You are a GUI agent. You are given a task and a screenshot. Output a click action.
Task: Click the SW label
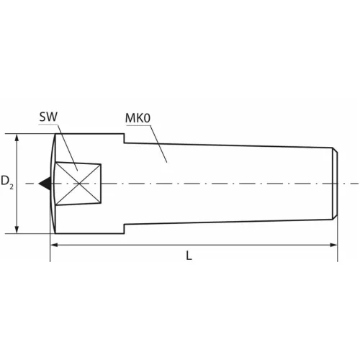tap(48, 117)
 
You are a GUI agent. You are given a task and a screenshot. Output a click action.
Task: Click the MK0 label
tap(138, 118)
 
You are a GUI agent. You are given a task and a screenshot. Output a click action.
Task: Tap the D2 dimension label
tap(7, 181)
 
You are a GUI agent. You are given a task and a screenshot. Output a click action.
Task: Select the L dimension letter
tap(189, 256)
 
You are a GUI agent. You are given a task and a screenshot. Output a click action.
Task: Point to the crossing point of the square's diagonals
tap(79, 184)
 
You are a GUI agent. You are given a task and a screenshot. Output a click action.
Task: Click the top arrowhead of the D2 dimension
tap(17, 138)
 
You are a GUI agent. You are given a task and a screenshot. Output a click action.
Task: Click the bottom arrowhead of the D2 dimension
tap(17, 230)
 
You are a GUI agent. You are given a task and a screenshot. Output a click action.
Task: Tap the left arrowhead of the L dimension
tap(54, 245)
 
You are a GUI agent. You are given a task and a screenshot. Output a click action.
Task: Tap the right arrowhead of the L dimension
tap(334, 245)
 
